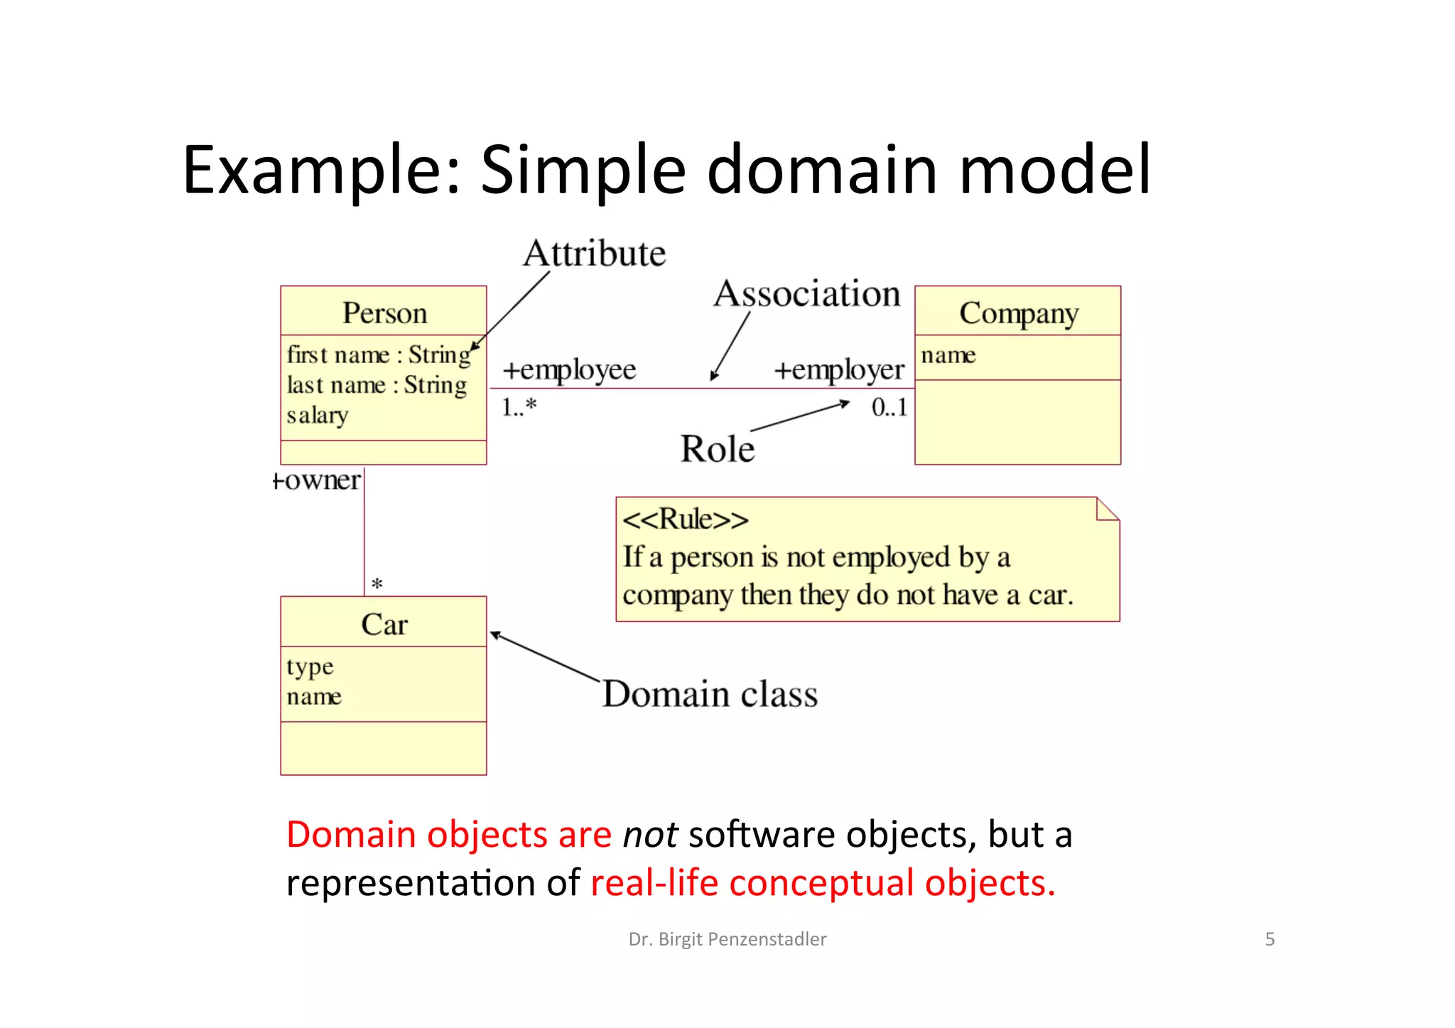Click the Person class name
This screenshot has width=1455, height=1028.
(x=384, y=313)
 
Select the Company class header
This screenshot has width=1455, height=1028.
(x=1018, y=313)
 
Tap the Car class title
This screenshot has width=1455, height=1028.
(x=384, y=624)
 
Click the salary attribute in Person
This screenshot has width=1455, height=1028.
(x=318, y=415)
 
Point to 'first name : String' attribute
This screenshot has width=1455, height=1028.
(x=378, y=355)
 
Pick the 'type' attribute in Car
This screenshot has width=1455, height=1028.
(x=310, y=667)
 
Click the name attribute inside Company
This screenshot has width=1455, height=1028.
(x=948, y=355)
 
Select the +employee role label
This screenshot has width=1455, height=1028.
(x=569, y=370)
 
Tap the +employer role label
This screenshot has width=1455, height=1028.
(x=838, y=370)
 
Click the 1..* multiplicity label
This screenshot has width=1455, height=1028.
(x=519, y=407)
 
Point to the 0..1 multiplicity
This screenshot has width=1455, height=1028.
(x=889, y=407)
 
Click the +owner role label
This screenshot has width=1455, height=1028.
(x=317, y=481)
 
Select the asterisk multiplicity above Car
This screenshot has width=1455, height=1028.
(x=377, y=585)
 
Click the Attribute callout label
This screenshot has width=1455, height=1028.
(x=595, y=254)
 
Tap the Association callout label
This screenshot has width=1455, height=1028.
(x=807, y=294)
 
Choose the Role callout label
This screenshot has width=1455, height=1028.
(x=718, y=449)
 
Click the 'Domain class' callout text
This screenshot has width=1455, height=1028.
(x=710, y=694)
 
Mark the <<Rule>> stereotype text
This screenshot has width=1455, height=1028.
(x=685, y=519)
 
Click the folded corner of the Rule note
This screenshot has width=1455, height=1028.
(x=1106, y=509)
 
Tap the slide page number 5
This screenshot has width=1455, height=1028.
(x=1270, y=939)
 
